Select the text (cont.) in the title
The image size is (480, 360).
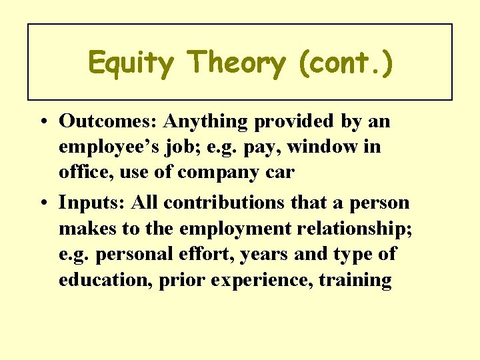(346, 63)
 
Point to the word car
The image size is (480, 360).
(279, 173)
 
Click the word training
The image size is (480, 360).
(355, 281)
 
